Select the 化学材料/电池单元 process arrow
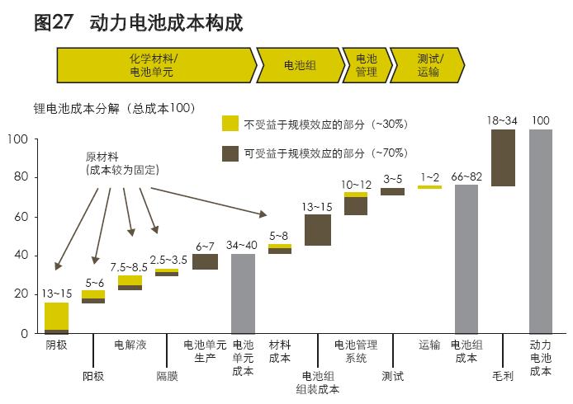tap(154, 65)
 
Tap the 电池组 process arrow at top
tap(299, 65)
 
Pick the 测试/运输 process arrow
tap(428, 65)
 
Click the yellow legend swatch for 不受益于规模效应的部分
tap(230, 124)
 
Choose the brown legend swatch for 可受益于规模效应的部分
tap(230, 153)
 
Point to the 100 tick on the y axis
tap(19, 139)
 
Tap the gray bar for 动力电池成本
tap(540, 231)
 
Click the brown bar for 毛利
tap(503, 157)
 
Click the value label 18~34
tap(502, 121)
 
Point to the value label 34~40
tap(242, 245)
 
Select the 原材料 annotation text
tap(102, 156)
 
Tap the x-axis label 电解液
tap(130, 345)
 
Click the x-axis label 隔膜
tap(167, 376)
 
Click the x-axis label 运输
tap(429, 345)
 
